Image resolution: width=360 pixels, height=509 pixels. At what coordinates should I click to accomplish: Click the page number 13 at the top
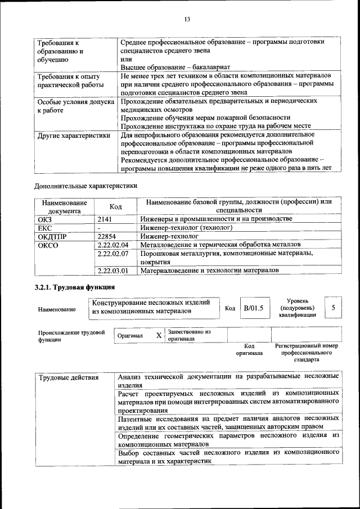tap(187, 20)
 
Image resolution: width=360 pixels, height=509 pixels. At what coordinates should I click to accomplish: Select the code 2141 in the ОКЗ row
tap(105, 219)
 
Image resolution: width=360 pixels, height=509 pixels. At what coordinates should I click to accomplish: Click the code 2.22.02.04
tap(113, 245)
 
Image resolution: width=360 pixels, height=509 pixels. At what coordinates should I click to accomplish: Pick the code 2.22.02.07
tap(113, 254)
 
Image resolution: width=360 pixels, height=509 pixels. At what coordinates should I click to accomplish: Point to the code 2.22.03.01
tap(113, 271)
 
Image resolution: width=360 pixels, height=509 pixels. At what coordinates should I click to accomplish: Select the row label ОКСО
tap(48, 245)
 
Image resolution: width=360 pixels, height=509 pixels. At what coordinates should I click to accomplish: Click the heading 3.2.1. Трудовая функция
tap(75, 287)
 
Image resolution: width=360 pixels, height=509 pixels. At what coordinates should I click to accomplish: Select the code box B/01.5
tap(253, 308)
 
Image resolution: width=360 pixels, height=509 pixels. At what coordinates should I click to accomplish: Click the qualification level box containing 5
tap(334, 308)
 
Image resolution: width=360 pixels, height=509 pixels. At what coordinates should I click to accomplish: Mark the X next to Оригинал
tap(159, 336)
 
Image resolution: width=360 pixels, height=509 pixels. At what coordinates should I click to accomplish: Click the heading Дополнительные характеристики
tap(85, 185)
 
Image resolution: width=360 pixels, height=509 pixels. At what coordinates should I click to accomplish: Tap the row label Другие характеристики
tap(73, 135)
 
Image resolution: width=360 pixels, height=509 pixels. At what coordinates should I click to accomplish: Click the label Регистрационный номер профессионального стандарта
tap(306, 353)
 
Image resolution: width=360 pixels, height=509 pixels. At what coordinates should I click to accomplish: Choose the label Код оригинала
tap(249, 350)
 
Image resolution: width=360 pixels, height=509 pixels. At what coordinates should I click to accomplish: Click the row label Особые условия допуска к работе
tap(75, 106)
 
